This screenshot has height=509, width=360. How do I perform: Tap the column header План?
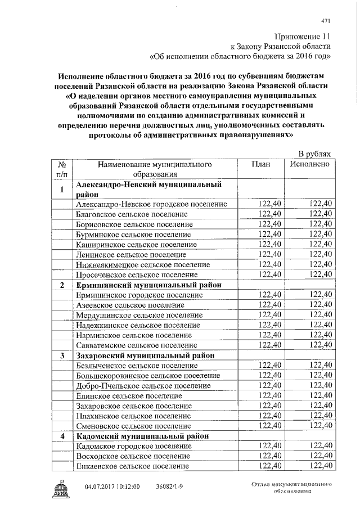261,164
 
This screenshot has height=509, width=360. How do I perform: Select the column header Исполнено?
313,164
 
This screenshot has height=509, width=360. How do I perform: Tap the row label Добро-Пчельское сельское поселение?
143,386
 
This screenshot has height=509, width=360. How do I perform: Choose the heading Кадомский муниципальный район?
142,436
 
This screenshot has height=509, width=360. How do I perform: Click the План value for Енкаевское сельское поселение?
269,466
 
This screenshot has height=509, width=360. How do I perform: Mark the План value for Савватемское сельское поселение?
269,345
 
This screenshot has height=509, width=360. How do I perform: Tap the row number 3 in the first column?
62,355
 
